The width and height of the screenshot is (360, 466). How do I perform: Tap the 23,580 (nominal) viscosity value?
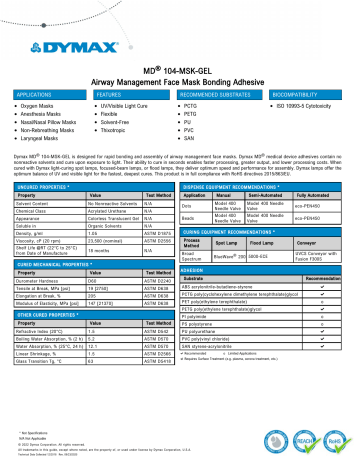(110, 242)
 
